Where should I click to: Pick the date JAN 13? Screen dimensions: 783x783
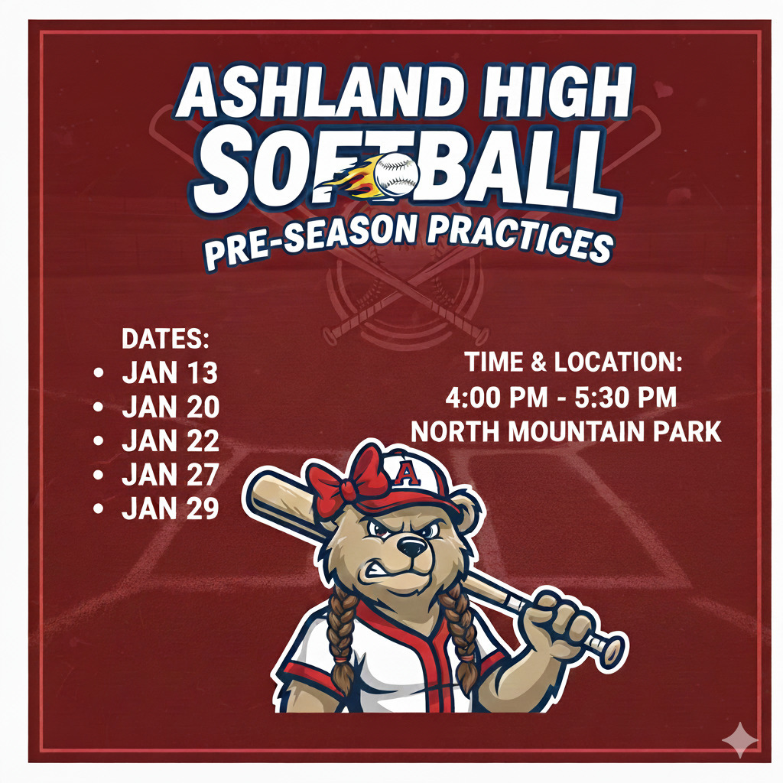tap(170, 372)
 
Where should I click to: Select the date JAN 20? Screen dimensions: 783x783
tap(171, 407)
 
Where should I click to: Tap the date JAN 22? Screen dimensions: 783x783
tap(171, 440)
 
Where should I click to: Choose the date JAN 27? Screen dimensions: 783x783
tap(171, 475)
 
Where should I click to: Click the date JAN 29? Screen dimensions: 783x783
tap(171, 508)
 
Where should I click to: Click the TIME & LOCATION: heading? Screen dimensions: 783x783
tap(573, 362)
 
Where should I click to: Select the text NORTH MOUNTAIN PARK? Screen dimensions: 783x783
tap(567, 432)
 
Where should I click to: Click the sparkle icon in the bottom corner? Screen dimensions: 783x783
tap(741, 739)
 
